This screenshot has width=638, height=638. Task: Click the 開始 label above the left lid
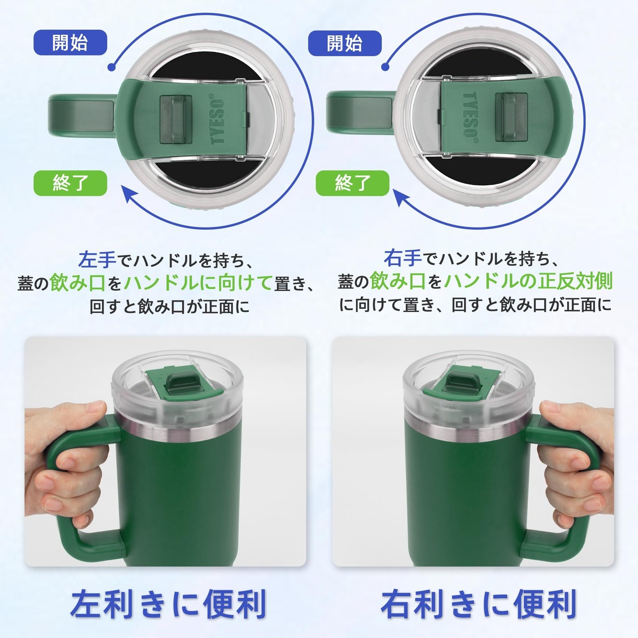[70, 42]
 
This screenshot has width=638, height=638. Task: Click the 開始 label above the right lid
[344, 43]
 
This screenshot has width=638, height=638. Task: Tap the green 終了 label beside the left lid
[70, 183]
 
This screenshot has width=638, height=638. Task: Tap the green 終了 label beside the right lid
[352, 183]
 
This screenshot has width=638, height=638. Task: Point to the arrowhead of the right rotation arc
[402, 196]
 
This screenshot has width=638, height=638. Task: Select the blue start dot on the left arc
[112, 67]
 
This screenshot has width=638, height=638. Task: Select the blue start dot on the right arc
[385, 67]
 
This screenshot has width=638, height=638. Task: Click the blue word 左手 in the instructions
[97, 259]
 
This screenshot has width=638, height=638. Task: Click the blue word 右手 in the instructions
[403, 258]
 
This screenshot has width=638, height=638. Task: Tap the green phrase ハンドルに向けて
[198, 283]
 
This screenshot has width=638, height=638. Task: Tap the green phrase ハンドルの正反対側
[528, 281]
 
